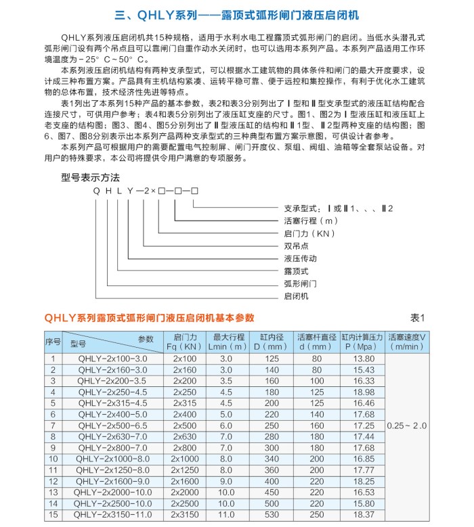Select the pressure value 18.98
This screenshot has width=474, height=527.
[364, 392]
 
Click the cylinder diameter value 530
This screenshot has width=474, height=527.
[272, 515]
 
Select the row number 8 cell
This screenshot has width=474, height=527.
[53, 436]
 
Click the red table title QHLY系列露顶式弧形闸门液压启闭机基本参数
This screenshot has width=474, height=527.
[149, 317]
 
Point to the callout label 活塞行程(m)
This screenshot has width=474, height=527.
[310, 221]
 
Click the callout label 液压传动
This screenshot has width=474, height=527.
[300, 258]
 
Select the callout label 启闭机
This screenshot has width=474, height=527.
[296, 296]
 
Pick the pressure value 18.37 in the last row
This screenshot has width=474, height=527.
[364, 515]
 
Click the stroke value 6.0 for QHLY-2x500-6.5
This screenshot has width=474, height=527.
[226, 426]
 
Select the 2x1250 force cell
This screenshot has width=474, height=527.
[184, 470]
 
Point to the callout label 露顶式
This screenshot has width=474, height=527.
[296, 271]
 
